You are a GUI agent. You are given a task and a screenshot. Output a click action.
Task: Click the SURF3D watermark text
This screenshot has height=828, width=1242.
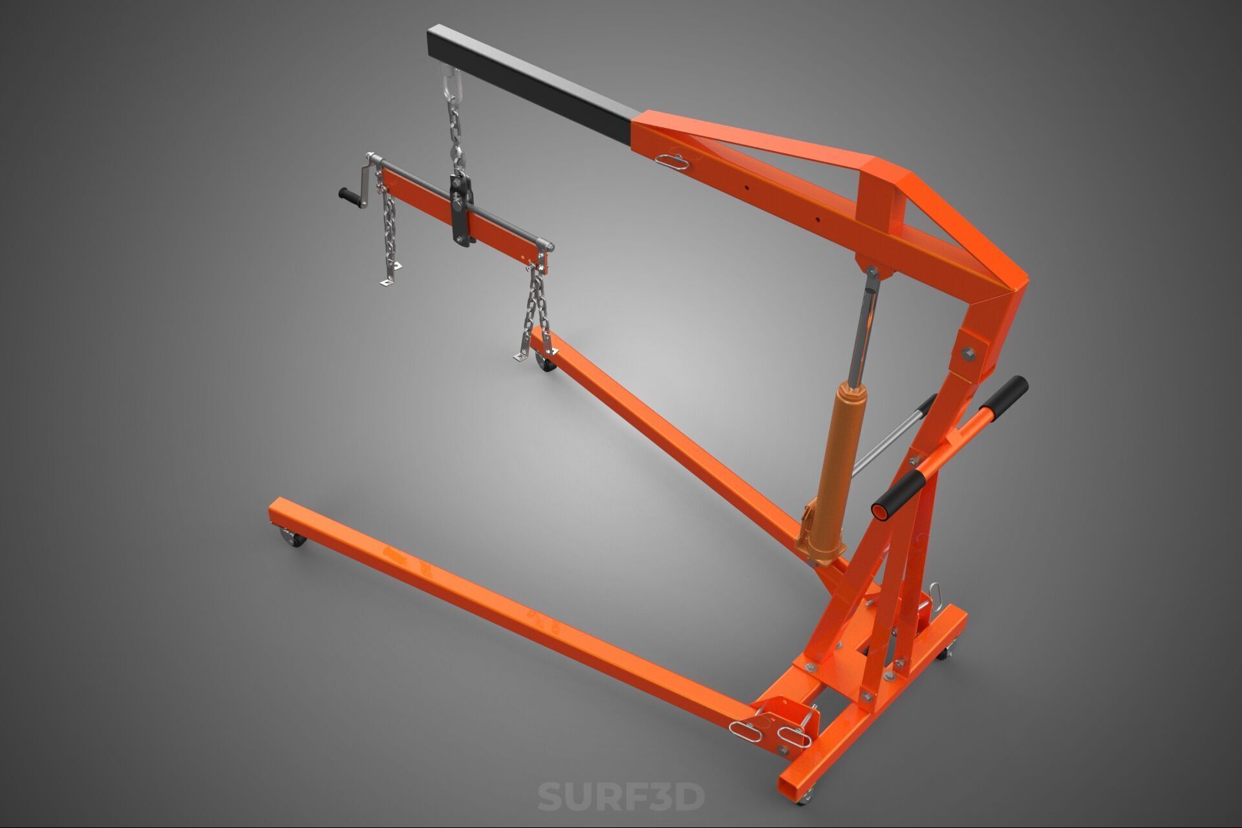(621, 796)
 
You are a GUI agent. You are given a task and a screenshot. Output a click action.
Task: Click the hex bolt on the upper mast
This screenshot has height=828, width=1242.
(968, 353)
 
